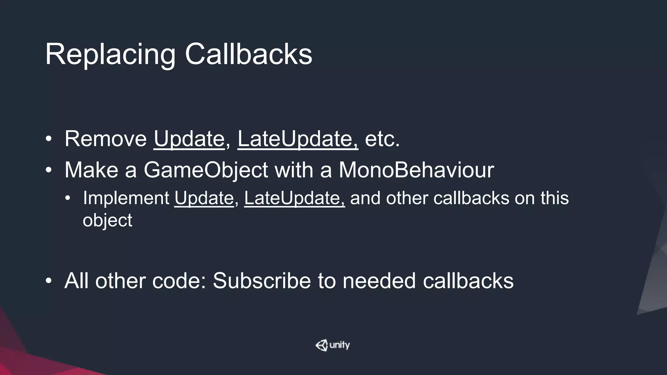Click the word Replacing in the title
click(x=110, y=55)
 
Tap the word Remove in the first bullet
click(x=106, y=139)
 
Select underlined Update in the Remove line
click(x=189, y=139)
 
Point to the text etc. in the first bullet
click(x=382, y=139)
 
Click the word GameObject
click(x=206, y=170)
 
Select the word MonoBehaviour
click(x=416, y=170)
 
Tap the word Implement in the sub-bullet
click(x=126, y=198)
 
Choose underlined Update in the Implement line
click(x=204, y=198)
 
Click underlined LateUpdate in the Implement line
click(x=294, y=198)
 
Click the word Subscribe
click(x=262, y=281)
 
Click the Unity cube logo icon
click(x=322, y=345)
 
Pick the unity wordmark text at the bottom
click(x=340, y=345)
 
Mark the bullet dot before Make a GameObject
click(x=49, y=170)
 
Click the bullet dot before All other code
click(x=49, y=281)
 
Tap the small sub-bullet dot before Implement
click(x=67, y=198)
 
